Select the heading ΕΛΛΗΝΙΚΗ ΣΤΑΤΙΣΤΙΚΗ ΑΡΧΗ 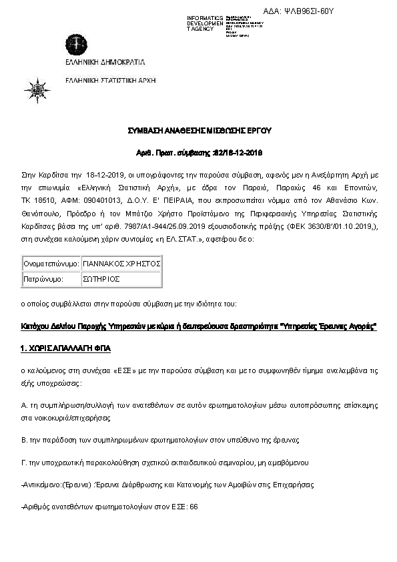[109, 80]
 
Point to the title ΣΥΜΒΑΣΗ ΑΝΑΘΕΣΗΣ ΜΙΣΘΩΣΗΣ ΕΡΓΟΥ [200, 130]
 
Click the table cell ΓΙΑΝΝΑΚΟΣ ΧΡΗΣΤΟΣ [122, 264]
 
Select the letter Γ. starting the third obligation [24, 463]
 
